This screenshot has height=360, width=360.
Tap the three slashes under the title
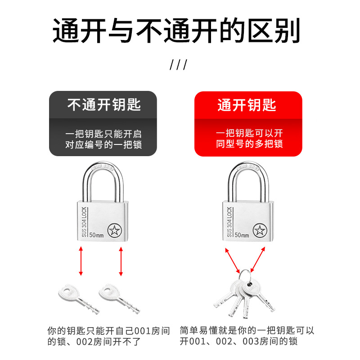pos(178,64)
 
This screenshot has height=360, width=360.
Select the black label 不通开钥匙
pos(104,105)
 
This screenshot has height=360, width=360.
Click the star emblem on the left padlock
pos(115,231)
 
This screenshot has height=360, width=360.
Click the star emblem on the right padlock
pos(260,231)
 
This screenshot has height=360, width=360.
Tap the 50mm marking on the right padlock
pos(242,235)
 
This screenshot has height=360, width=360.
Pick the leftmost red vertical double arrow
pos(81,261)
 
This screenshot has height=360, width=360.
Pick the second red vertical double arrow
pos(121,261)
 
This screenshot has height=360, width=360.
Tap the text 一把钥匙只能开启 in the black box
pos(103,134)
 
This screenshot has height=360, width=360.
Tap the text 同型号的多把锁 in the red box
pos(249,144)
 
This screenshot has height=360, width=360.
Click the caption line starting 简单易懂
pos(247,331)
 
